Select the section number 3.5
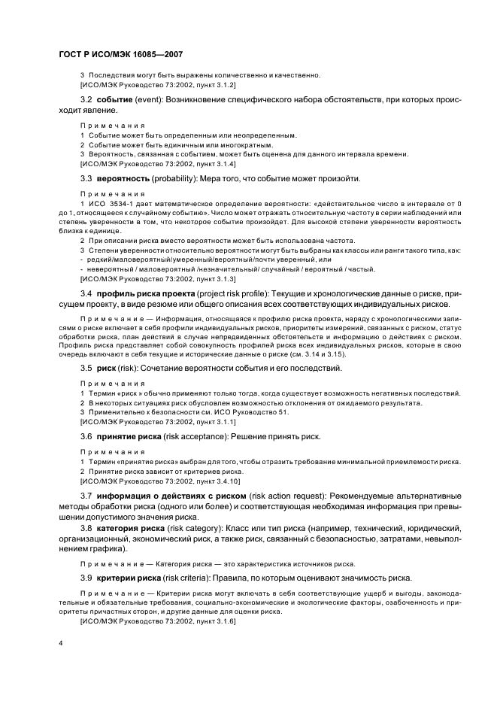coord(86,368)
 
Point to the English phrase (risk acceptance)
coord(199,436)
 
